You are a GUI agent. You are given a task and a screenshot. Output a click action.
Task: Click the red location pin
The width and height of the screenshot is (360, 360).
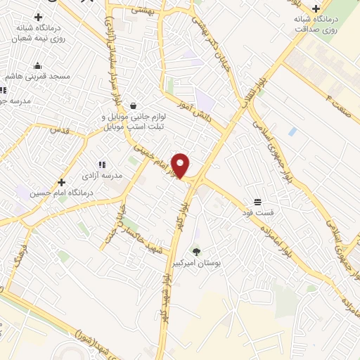point(181,165)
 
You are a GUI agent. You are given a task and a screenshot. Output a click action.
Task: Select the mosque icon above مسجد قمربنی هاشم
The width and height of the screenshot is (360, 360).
point(37,66)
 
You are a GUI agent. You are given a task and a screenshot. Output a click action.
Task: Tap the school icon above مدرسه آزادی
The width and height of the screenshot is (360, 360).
point(103,164)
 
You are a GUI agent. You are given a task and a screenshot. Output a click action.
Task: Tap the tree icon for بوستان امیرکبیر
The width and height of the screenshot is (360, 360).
point(196,251)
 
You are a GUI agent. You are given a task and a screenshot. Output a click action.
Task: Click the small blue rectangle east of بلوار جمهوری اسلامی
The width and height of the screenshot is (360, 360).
point(292,131)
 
